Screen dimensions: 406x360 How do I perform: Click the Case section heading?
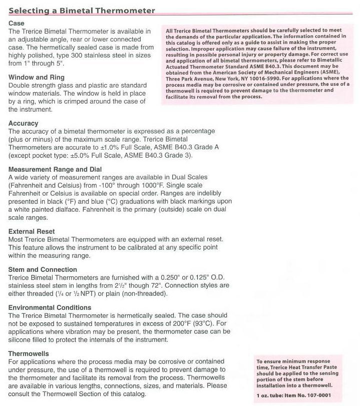click(17, 23)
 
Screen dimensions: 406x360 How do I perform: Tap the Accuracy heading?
click(23, 123)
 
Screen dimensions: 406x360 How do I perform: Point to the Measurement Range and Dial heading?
click(55, 169)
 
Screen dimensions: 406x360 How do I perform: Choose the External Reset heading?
click(32, 231)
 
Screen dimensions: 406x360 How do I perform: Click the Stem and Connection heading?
click(43, 269)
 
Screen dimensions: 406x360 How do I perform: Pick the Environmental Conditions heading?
click(50, 307)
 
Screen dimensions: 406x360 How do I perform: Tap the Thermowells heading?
click(29, 353)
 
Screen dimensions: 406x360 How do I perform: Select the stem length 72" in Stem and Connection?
click(153, 285)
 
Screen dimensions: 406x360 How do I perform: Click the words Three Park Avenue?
click(188, 78)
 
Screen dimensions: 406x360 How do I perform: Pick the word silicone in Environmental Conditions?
click(22, 339)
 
